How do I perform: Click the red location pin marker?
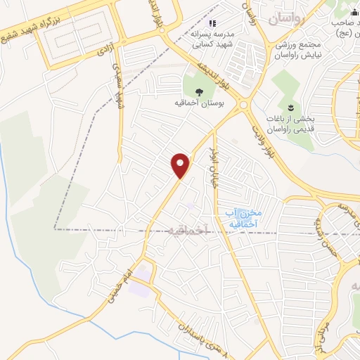coord(181,165)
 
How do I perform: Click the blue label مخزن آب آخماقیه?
coord(244,218)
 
